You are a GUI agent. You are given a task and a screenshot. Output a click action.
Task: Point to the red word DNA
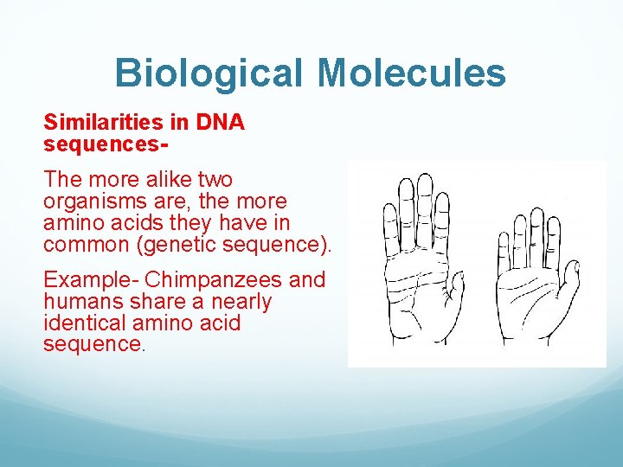click(221, 123)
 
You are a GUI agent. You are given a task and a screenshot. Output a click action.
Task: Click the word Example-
click(92, 280)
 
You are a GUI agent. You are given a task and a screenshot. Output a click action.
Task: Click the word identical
click(83, 323)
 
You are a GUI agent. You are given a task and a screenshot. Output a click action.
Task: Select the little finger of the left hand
click(387, 216)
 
